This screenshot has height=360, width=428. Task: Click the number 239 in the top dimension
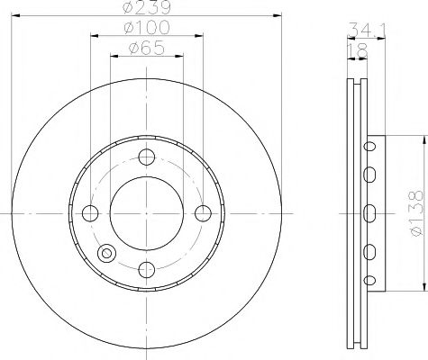click(x=154, y=10)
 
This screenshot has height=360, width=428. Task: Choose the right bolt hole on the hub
click(x=204, y=212)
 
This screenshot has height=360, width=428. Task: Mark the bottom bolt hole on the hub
click(x=146, y=269)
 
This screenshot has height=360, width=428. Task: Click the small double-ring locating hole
click(x=108, y=254)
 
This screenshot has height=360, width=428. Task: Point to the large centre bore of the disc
click(x=146, y=212)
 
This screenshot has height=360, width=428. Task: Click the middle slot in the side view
click(x=369, y=212)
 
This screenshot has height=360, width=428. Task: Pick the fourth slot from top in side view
click(x=369, y=249)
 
